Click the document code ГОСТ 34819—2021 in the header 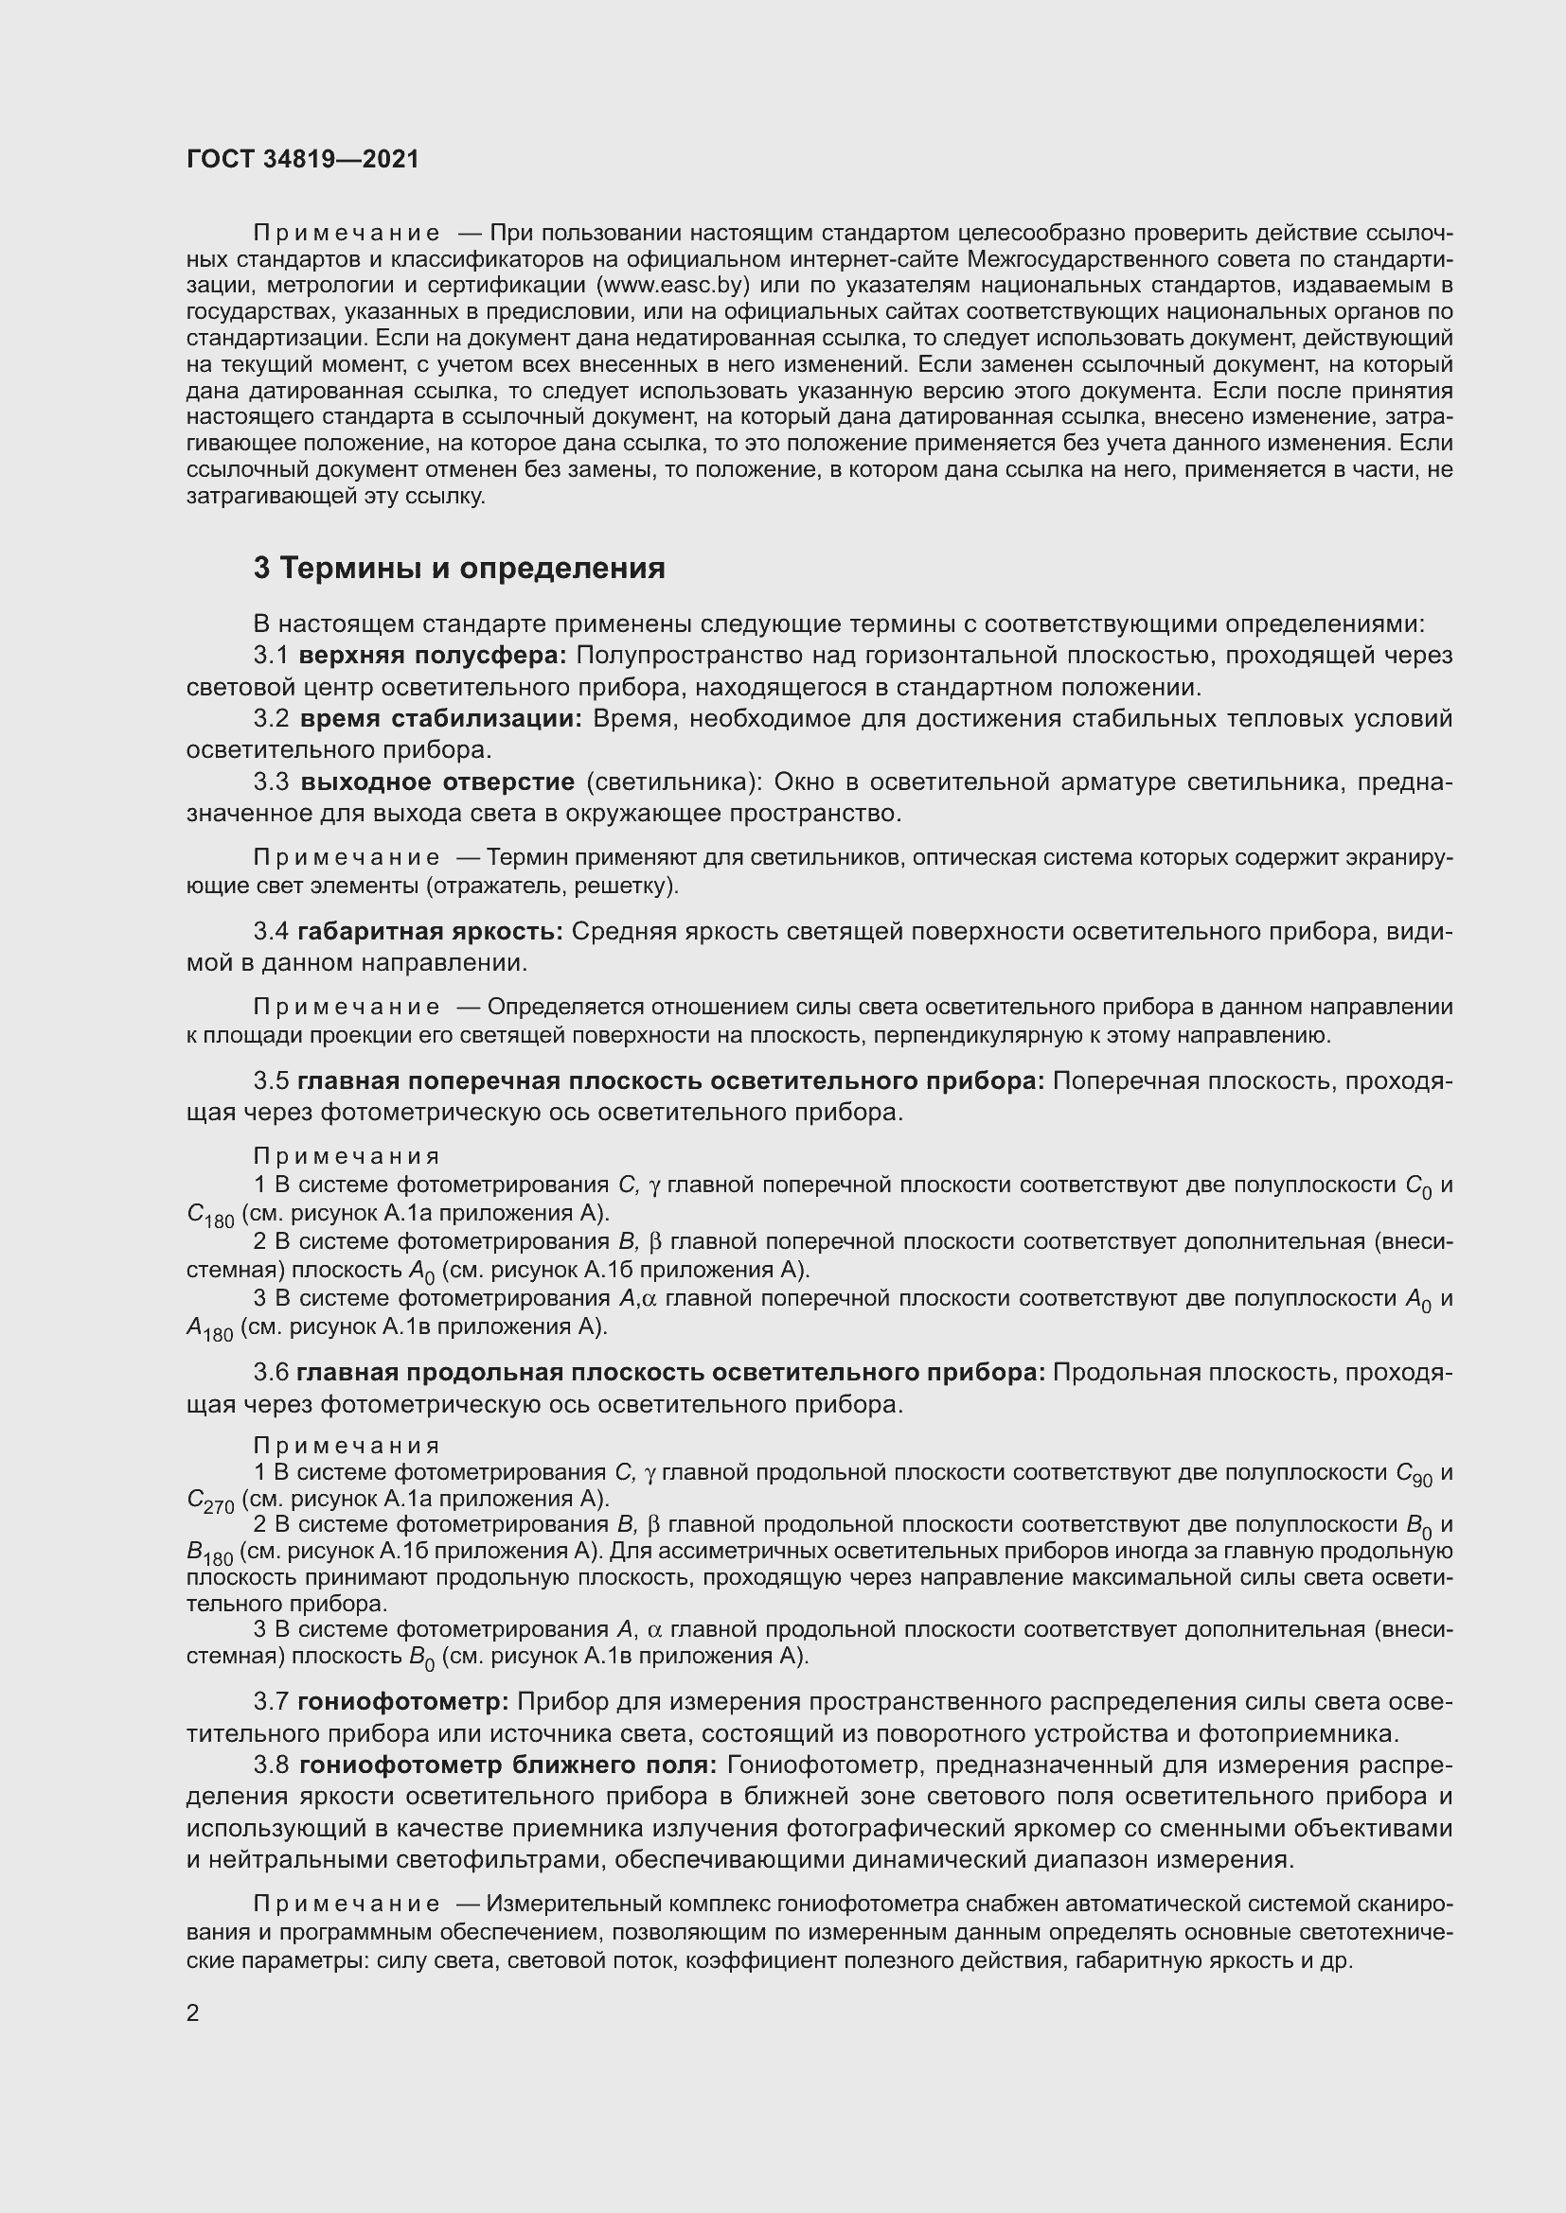tap(303, 159)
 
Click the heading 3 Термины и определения tap(459, 568)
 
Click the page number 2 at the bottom tap(193, 2012)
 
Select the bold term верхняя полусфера tap(433, 656)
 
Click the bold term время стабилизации tap(440, 719)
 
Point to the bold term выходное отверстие tap(436, 782)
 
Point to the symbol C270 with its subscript tap(210, 1502)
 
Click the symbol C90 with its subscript tap(1415, 1474)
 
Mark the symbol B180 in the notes tap(209, 1553)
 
